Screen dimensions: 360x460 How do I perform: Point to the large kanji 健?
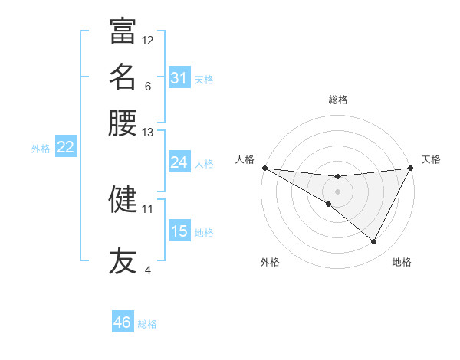123,199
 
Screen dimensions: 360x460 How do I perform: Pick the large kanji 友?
123,260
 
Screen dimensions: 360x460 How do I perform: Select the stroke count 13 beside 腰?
148,133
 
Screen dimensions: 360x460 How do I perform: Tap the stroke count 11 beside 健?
148,208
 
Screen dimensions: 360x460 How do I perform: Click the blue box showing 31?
179,78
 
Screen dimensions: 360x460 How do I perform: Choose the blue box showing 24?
179,162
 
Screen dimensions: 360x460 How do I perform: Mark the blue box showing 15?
179,231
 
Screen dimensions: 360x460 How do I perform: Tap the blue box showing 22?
65,147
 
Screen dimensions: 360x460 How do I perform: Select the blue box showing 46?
122,322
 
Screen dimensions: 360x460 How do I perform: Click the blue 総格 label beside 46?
147,324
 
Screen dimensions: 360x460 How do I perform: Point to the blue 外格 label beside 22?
41,149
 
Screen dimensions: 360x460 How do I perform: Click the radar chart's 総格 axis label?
337,100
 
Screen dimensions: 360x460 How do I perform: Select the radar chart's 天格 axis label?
431,159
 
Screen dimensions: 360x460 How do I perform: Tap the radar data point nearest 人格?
264,168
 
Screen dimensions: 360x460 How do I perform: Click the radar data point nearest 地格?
374,242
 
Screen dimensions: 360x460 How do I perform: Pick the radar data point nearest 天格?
411,169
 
